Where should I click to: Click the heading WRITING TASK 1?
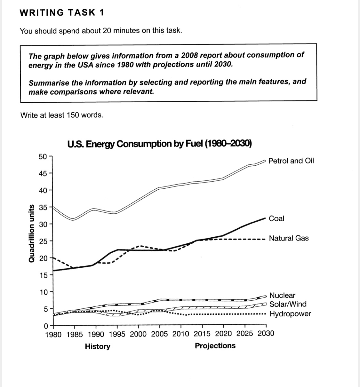(x=62, y=12)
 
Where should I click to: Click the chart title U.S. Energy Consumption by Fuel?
(x=160, y=144)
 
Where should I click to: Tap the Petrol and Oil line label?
(x=291, y=161)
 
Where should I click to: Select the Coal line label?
(x=276, y=218)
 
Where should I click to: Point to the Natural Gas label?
(x=289, y=238)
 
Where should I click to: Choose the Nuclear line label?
(x=282, y=295)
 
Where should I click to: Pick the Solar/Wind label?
(x=288, y=304)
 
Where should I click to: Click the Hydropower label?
(x=290, y=314)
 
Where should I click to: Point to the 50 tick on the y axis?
(x=42, y=157)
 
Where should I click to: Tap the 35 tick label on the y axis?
(x=42, y=207)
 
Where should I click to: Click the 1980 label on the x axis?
(x=53, y=334)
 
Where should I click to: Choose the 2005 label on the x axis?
(x=159, y=334)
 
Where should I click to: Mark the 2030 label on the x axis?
(x=266, y=334)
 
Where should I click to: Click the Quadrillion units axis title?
(x=31, y=233)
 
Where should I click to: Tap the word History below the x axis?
(x=98, y=346)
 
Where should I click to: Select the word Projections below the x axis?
(x=215, y=346)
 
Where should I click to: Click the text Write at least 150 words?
(x=62, y=115)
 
